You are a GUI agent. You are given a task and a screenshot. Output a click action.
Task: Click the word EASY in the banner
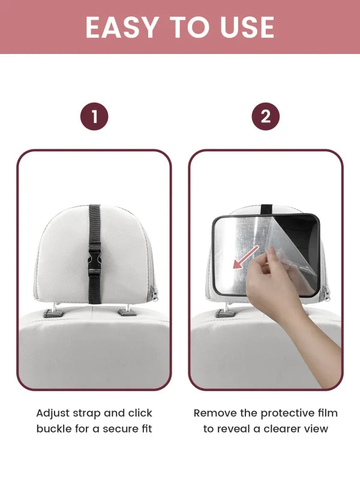tap(122, 27)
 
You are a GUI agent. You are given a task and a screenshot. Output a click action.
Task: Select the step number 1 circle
tap(94, 116)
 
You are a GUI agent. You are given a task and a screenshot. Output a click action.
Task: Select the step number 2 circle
tap(265, 116)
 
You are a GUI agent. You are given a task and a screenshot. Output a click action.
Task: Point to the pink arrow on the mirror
tap(246, 257)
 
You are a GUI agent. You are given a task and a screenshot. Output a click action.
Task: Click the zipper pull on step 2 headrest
tap(327, 293)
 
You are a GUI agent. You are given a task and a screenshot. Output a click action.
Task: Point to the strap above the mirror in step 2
tap(266, 209)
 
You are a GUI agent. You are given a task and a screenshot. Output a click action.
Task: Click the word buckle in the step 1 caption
tap(54, 428)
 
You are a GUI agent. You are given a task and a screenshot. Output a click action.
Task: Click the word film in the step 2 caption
tap(327, 413)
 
